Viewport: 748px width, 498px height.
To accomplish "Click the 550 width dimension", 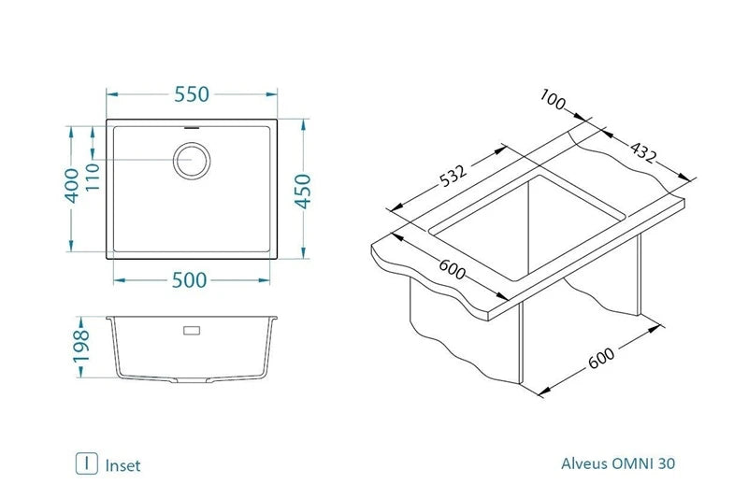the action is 192,94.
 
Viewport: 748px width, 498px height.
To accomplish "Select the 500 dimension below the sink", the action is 190,280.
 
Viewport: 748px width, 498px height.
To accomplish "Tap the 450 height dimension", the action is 303,191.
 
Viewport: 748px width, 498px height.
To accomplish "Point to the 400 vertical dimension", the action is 72,185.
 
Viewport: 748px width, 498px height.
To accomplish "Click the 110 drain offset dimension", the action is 92,177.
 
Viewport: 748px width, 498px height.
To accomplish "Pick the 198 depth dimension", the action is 81,346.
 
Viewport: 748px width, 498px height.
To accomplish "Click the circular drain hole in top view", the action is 192,161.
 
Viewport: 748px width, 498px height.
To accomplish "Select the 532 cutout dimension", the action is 453,176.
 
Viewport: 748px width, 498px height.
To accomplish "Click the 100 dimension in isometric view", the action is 553,100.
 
